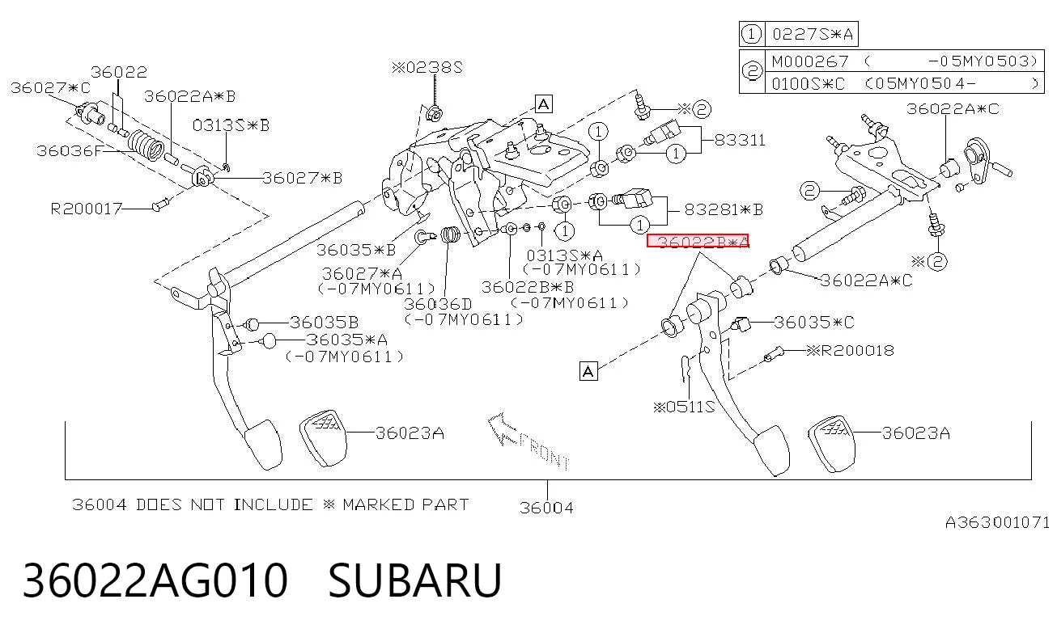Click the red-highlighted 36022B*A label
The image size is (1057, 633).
pyautogui.click(x=698, y=241)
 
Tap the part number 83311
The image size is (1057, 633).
pyautogui.click(x=740, y=140)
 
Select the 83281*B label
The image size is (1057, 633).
pyautogui.click(x=724, y=209)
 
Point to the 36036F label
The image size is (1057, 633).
pyautogui.click(x=70, y=151)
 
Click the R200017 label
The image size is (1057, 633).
pyautogui.click(x=87, y=209)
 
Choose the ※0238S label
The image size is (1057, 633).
pyautogui.click(x=427, y=67)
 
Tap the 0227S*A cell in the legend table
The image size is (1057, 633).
pyautogui.click(x=813, y=34)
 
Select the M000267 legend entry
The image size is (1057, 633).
pyautogui.click(x=809, y=61)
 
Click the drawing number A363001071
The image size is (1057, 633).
pyautogui.click(x=996, y=522)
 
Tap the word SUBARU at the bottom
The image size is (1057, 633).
pyautogui.click(x=414, y=580)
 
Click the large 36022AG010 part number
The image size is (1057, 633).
pyautogui.click(x=155, y=580)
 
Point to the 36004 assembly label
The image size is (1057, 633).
pyautogui.click(x=546, y=508)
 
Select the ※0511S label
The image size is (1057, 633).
pyautogui.click(x=684, y=407)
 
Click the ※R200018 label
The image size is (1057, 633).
pyautogui.click(x=851, y=350)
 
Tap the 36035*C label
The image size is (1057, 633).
pyautogui.click(x=814, y=323)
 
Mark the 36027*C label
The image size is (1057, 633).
pyautogui.click(x=50, y=87)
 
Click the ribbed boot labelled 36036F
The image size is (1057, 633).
pyautogui.click(x=146, y=144)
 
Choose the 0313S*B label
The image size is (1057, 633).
pyautogui.click(x=231, y=125)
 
